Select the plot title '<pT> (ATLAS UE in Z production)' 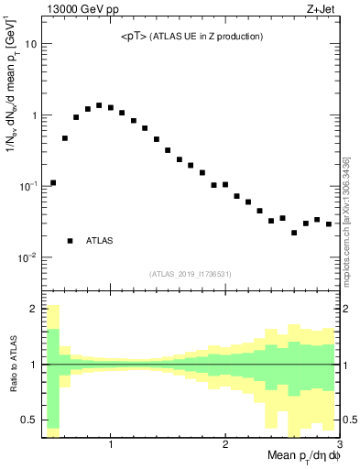click(192, 37)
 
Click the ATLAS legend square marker click(71, 241)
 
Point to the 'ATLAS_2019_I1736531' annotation click(191, 273)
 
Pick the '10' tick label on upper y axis click(31, 44)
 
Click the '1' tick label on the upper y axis click(34, 115)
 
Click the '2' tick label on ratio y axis click(34, 309)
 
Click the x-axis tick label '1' click(111, 445)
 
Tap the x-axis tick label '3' click(339, 445)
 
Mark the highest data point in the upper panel click(99, 105)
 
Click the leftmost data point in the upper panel click(53, 182)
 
